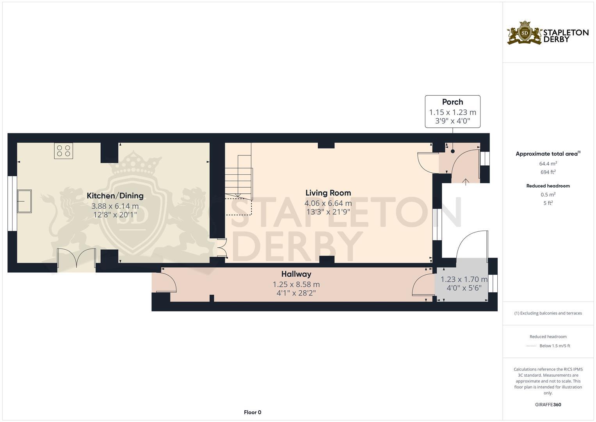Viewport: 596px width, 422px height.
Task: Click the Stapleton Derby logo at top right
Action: [548, 33]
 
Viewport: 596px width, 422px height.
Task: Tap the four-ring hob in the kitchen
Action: [63, 151]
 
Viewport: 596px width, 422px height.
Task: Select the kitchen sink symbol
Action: [24, 201]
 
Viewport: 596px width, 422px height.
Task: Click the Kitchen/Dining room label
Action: [115, 196]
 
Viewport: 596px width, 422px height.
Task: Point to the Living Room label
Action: [328, 193]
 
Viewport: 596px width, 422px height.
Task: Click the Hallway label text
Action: [296, 274]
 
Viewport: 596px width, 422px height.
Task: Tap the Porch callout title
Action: [452, 102]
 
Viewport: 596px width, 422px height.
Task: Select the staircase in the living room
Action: [238, 176]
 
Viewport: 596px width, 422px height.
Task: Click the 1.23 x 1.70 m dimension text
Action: [464, 279]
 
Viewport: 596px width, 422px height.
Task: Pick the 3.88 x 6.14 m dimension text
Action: [115, 206]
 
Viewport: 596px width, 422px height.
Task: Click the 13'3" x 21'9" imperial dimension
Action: [328, 212]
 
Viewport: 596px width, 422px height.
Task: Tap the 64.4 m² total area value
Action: [548, 164]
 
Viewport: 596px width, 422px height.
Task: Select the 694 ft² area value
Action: [548, 172]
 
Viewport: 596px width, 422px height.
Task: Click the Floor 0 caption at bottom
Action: [252, 412]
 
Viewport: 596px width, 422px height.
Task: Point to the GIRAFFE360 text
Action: [548, 405]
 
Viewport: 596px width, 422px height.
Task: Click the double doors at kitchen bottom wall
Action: [77, 259]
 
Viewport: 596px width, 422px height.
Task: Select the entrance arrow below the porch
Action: [466, 182]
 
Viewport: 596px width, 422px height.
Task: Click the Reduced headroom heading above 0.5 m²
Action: [548, 186]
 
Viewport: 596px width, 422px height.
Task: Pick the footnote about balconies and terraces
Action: [548, 313]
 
